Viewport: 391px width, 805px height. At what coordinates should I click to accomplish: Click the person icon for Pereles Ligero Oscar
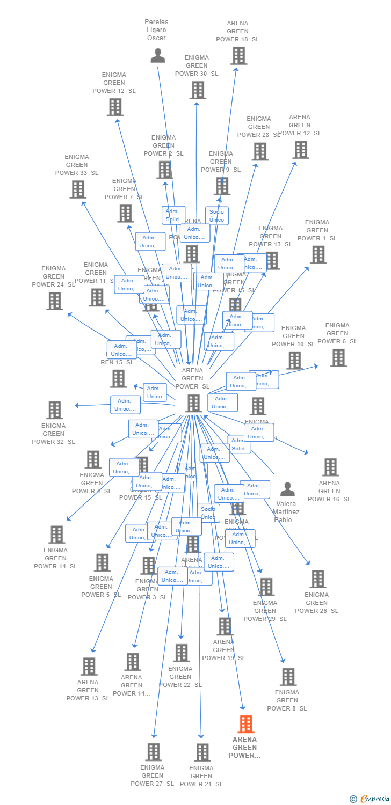158,56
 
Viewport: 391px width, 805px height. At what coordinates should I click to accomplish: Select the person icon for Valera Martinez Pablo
288,489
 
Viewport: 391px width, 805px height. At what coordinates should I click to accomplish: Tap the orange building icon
245,724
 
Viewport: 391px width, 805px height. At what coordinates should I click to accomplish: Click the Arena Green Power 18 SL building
238,56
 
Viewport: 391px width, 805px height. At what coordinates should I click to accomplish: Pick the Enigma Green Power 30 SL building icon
198,90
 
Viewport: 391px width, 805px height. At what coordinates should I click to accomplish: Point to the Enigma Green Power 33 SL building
78,189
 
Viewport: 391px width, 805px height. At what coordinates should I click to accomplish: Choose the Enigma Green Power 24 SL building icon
55,301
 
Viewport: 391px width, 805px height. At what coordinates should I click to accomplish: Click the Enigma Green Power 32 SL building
55,410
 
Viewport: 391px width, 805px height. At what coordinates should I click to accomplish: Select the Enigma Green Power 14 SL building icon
57,535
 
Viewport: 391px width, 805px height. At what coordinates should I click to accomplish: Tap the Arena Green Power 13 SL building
89,667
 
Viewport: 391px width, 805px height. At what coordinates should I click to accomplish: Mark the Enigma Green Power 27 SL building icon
154,752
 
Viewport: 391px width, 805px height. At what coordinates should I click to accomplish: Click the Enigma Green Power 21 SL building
202,752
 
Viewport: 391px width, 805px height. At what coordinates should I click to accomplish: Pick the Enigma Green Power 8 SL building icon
288,677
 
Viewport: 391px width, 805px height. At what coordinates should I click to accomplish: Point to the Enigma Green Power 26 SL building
318,579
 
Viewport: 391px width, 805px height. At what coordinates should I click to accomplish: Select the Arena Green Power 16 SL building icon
331,467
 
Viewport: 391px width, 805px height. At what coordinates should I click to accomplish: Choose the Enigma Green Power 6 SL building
338,358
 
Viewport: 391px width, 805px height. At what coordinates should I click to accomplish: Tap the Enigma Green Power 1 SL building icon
318,255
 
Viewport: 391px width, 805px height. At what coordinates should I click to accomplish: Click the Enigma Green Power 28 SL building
260,151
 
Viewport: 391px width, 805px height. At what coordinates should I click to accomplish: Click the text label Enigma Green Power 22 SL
180,677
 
